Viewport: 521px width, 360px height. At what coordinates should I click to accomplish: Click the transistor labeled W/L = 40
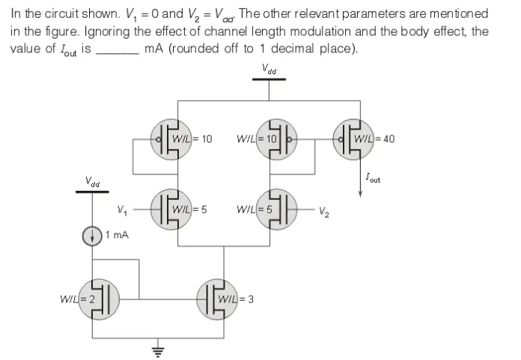point(353,139)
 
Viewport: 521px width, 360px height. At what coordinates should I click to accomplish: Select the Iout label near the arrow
point(373,178)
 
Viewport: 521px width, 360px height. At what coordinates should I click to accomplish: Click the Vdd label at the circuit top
point(270,70)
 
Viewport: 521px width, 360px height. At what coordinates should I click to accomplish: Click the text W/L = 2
point(73,299)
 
